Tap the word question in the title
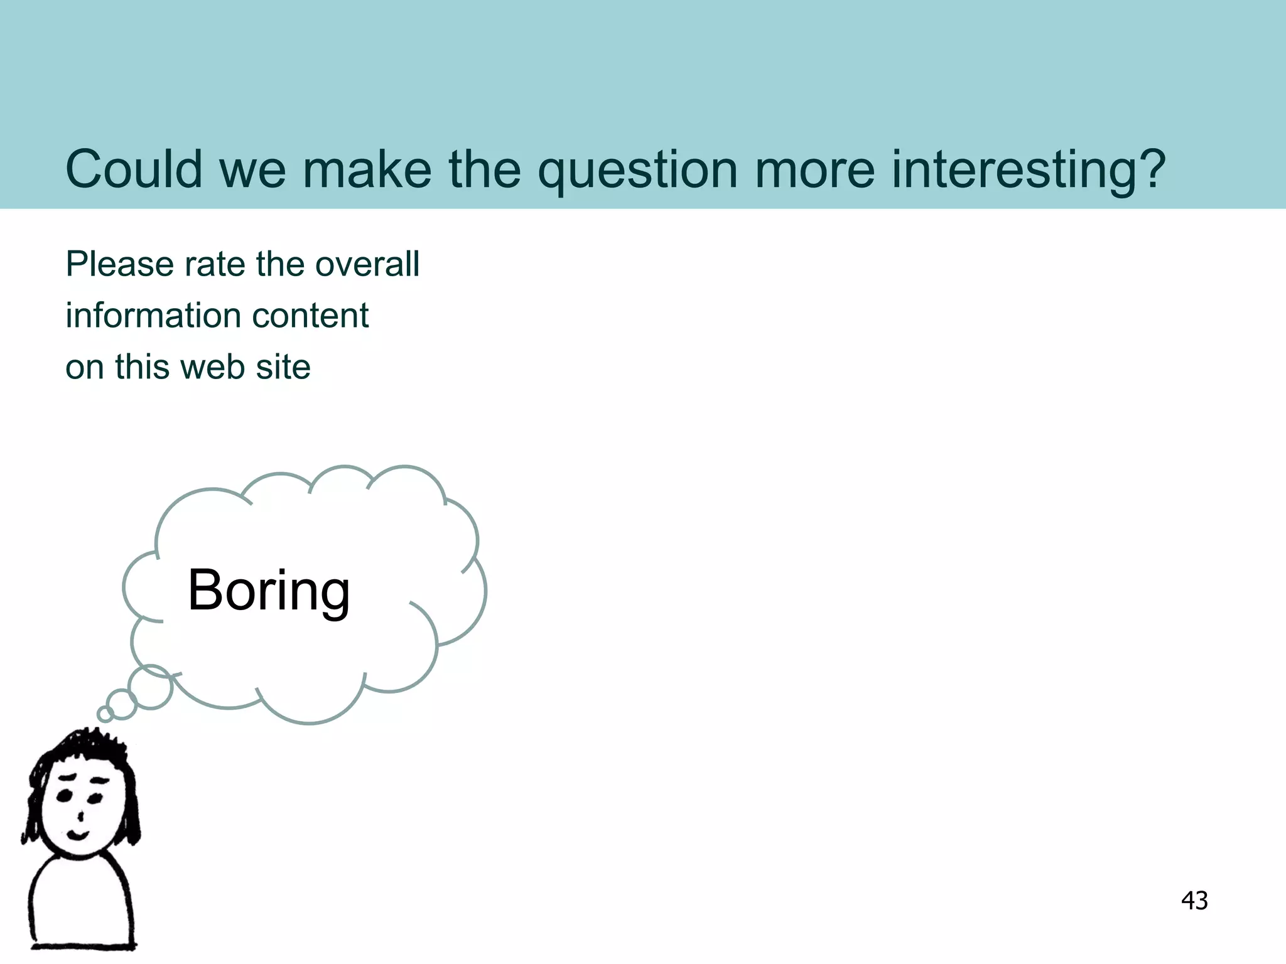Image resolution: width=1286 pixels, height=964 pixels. coord(637,171)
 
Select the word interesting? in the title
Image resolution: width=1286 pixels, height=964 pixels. coord(1028,171)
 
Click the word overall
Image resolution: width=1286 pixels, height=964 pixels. coord(367,264)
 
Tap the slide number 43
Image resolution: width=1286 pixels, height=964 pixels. coord(1194,901)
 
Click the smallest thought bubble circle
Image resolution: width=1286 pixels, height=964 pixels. coord(105,714)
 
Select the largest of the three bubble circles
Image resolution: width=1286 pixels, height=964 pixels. coord(150,687)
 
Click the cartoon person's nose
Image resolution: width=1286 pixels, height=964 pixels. coord(80,815)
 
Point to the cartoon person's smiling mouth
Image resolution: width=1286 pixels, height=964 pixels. coord(78,835)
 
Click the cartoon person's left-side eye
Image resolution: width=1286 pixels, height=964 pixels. coord(64,796)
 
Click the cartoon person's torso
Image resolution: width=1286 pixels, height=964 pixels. coord(82,904)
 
